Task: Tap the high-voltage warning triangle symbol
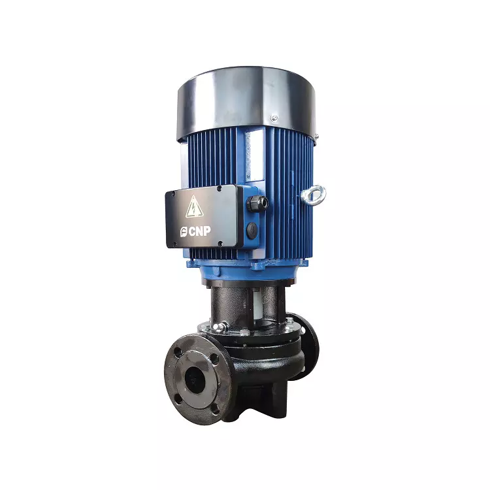(194, 207)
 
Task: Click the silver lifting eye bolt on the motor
(314, 195)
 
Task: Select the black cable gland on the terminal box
(257, 203)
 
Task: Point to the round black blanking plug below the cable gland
(252, 230)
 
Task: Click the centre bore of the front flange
(195, 380)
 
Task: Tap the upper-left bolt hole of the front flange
(177, 352)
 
